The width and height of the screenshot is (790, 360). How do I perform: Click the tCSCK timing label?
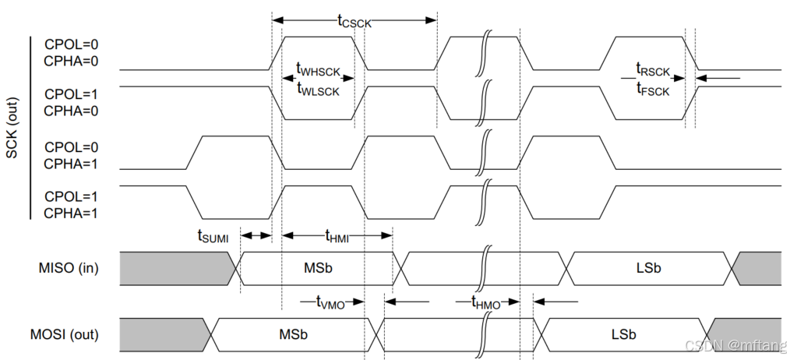click(354, 21)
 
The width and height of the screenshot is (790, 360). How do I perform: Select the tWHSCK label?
click(319, 72)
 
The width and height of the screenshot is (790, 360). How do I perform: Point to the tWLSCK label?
click(319, 89)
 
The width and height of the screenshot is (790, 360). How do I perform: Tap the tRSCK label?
click(653, 71)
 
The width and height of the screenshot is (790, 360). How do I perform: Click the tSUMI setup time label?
click(213, 236)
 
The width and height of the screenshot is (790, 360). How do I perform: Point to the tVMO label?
click(331, 302)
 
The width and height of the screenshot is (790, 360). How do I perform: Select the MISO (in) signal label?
click(69, 269)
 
